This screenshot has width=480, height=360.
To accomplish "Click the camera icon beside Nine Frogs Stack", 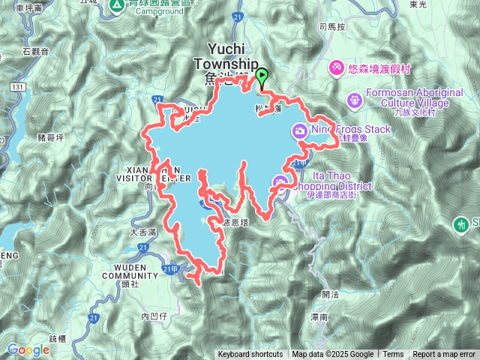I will pyautogui.click(x=299, y=132).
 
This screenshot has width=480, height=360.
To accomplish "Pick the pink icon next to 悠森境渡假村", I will pyautogui.click(x=336, y=68).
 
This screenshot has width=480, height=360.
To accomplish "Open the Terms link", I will pyautogui.click(x=393, y=355).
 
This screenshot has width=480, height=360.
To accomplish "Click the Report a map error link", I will pyautogui.click(x=444, y=355).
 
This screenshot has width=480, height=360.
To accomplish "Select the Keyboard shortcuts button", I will pyautogui.click(x=250, y=355).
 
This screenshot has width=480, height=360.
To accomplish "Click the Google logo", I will pyautogui.click(x=28, y=349).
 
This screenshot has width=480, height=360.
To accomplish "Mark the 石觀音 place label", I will pyautogui.click(x=35, y=52).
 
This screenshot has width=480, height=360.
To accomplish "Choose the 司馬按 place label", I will pyautogui.click(x=331, y=26).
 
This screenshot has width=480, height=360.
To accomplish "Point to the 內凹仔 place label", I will pyautogui.click(x=155, y=317).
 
